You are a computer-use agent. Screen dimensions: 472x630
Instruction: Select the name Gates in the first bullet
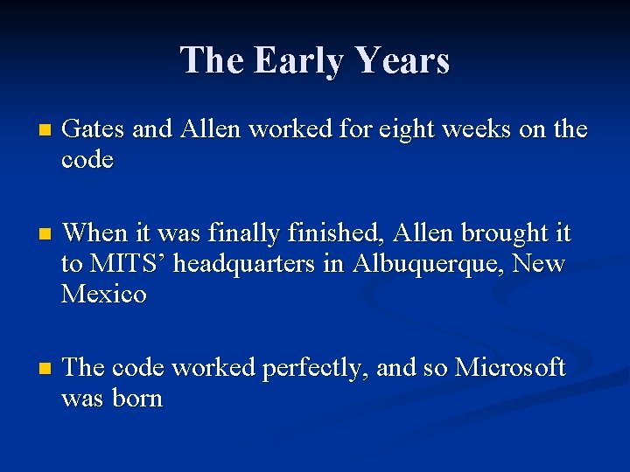click(95, 130)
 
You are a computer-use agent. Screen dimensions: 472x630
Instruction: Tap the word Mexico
click(104, 295)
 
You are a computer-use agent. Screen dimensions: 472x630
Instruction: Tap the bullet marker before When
click(33, 235)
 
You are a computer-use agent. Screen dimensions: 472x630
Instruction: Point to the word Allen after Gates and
click(210, 130)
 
